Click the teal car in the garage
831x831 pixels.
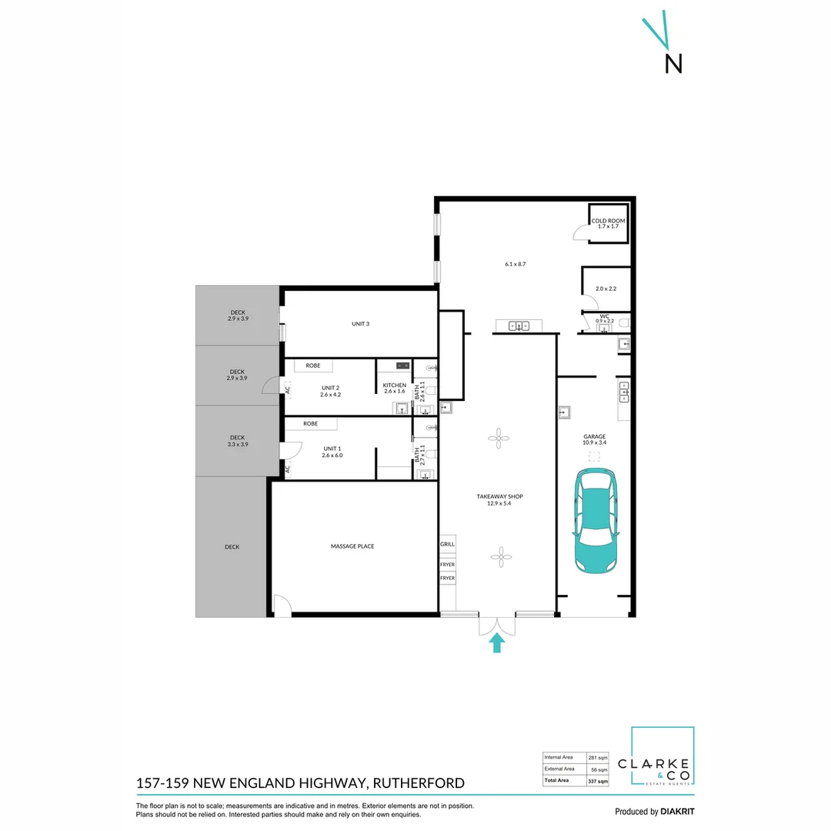click(596, 522)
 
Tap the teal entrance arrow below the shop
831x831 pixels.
click(497, 642)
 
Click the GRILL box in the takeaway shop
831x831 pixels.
click(447, 544)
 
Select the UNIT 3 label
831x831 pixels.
click(360, 324)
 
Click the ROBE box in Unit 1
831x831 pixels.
click(311, 424)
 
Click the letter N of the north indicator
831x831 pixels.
click(673, 63)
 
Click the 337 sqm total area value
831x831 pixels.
click(598, 781)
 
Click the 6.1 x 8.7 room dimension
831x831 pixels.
click(515, 264)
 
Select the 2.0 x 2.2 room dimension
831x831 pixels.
click(606, 289)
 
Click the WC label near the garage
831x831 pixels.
click(605, 315)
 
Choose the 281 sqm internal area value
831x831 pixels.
click(598, 756)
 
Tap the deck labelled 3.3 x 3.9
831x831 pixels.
click(237, 441)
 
